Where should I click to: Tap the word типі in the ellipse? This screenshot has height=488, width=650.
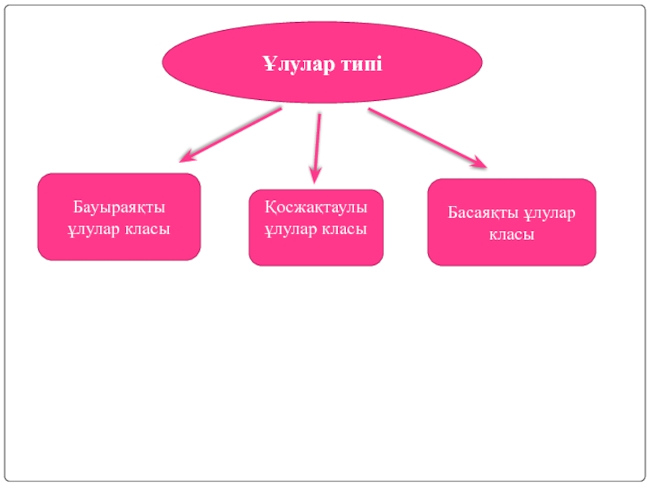click(358, 63)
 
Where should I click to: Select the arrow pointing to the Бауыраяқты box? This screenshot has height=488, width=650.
click(231, 133)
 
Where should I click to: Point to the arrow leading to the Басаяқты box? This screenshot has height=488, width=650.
click(426, 137)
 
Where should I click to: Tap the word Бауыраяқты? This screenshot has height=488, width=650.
click(119, 208)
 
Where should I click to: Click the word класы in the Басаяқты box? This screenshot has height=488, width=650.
click(511, 235)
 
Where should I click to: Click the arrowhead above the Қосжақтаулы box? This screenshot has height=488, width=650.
click(314, 174)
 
